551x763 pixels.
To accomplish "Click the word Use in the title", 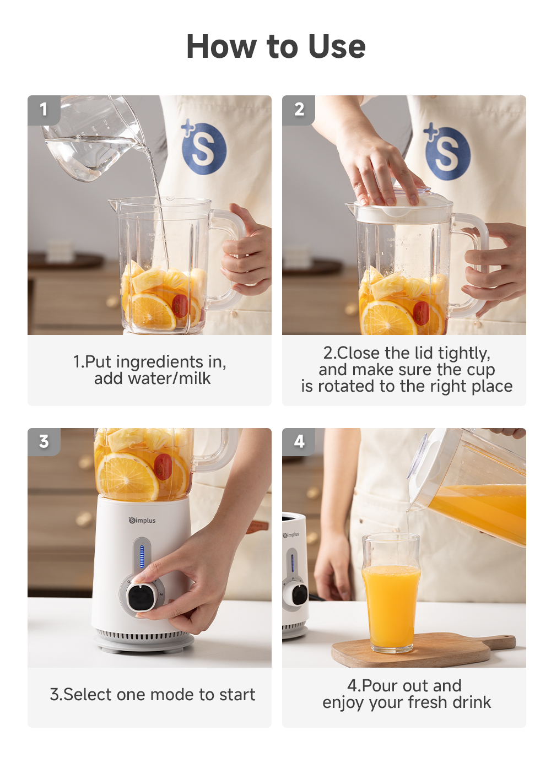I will (x=337, y=46).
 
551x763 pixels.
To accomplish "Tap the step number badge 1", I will (x=44, y=110).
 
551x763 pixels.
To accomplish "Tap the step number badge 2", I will (x=299, y=110).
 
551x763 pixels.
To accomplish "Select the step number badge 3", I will (x=44, y=442).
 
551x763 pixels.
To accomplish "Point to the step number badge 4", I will (x=299, y=442).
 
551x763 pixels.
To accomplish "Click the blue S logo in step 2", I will (x=447, y=153).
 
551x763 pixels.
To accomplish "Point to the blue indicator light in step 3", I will (x=142, y=556).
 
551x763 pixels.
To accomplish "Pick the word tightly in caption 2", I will (x=462, y=353).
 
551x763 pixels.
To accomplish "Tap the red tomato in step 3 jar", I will (x=163, y=467).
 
